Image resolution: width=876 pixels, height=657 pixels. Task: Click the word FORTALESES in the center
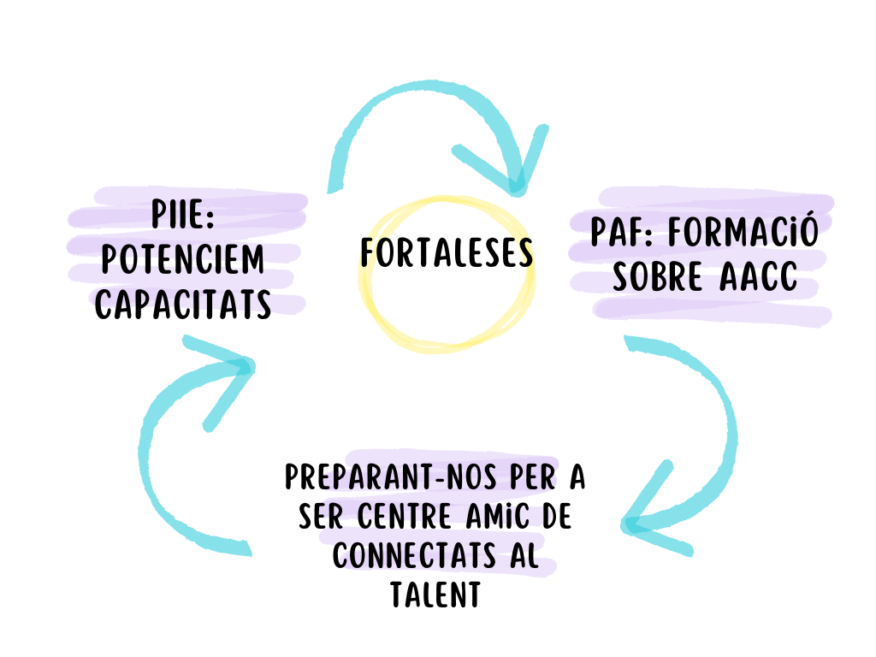[447, 253]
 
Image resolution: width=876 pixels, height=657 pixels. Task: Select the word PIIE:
[183, 216]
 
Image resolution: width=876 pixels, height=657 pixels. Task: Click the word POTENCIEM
[183, 260]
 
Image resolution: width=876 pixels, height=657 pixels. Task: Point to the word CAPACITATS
[183, 305]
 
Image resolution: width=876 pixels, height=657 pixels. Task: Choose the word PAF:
[622, 233]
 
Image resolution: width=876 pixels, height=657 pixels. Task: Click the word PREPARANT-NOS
[390, 477]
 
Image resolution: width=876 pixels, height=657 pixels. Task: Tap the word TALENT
[435, 596]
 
